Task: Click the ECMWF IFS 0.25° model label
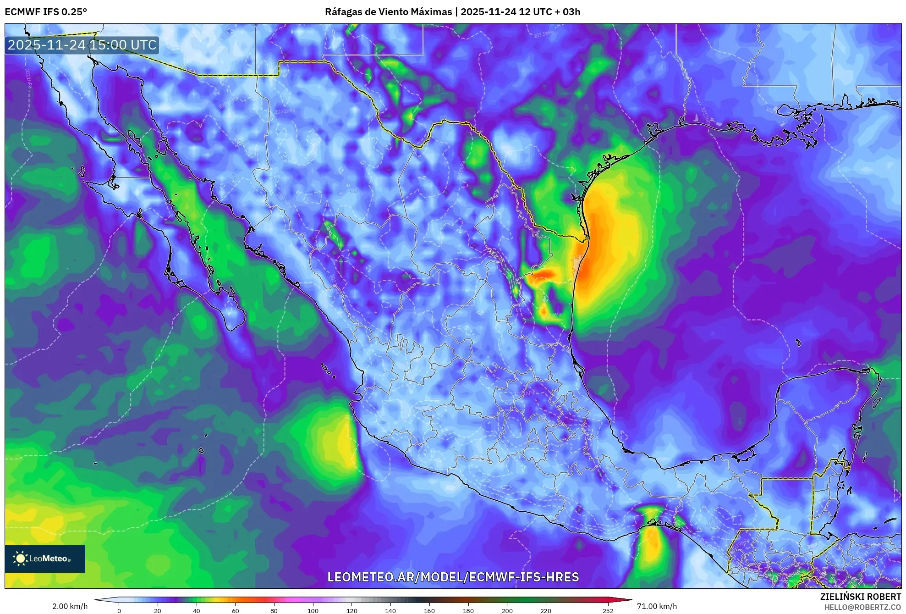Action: pos(46,12)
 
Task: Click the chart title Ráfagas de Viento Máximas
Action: pos(388,12)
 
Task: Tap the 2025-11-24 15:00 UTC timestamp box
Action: pos(82,45)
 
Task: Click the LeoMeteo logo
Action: pos(45,559)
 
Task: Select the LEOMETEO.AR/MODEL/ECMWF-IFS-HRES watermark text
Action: pos(453,577)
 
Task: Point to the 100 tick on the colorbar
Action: pos(313,610)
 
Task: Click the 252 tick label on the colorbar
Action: pos(608,610)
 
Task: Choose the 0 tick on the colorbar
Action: pos(119,610)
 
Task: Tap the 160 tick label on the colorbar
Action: pos(429,610)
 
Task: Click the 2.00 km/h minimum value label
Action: pos(70,606)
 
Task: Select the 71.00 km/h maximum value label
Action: pos(657,606)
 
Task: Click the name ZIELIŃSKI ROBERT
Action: pos(860,597)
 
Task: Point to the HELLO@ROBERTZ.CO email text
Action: pos(862,607)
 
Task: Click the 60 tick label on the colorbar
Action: pos(236,610)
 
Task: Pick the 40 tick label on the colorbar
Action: pos(197,610)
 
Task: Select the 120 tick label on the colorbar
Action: pos(352,610)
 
